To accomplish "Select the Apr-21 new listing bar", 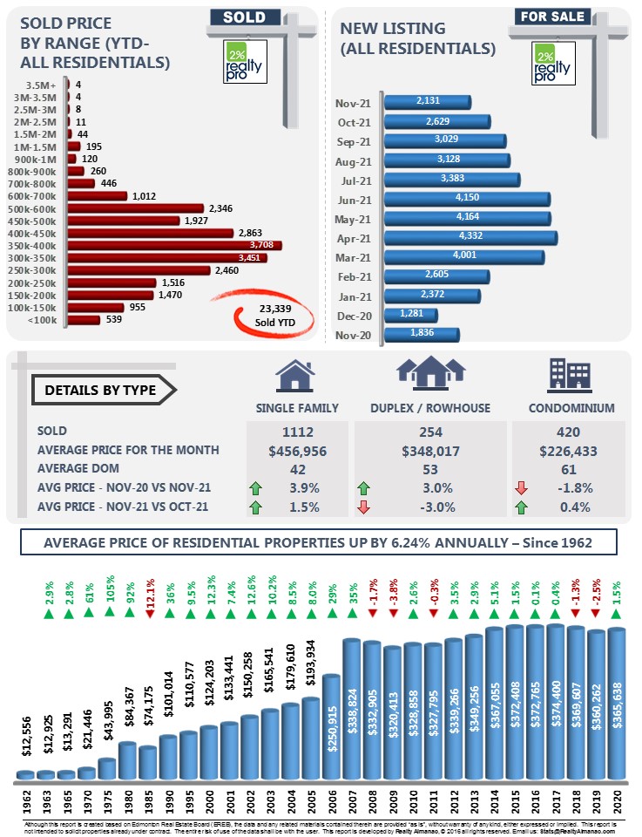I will click(470, 237).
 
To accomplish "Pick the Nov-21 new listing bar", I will click(427, 101).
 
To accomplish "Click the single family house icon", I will click(294, 376).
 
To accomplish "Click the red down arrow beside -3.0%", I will click(364, 507).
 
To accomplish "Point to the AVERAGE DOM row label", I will click(81, 468).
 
